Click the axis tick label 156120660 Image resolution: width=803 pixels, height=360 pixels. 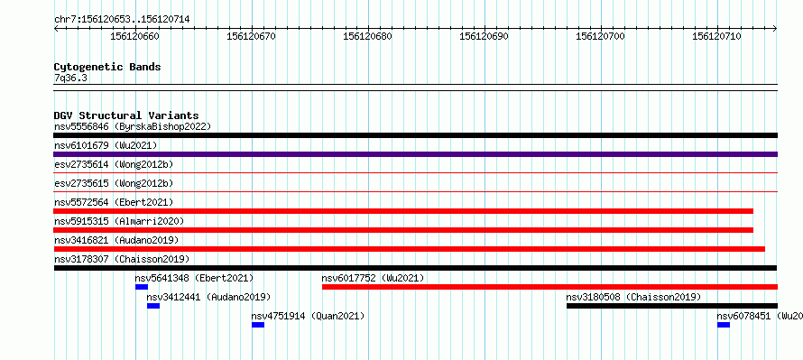134,36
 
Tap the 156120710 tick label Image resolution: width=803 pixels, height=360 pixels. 716,36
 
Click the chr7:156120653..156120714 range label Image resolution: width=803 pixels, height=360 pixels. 122,20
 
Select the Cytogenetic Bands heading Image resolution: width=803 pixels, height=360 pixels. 107,67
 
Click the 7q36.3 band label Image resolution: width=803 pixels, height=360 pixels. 70,78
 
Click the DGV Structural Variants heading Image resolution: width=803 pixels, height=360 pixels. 126,115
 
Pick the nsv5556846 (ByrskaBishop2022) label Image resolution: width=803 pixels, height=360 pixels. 133,126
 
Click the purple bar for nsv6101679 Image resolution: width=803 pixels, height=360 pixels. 416,154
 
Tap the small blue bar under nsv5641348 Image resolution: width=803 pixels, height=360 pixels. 142,287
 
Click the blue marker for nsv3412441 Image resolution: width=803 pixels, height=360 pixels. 153,306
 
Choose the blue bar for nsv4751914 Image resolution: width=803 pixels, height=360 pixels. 258,325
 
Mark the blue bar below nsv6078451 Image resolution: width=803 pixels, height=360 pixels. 724,325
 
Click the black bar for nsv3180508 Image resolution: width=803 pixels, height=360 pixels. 672,306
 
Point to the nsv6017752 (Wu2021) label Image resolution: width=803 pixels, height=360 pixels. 373,278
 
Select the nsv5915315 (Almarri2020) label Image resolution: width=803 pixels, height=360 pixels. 119,221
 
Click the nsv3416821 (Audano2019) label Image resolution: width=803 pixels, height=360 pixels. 116,240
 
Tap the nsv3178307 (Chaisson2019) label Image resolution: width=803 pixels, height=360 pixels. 122,259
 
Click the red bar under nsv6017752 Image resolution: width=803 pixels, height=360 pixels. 550,287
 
